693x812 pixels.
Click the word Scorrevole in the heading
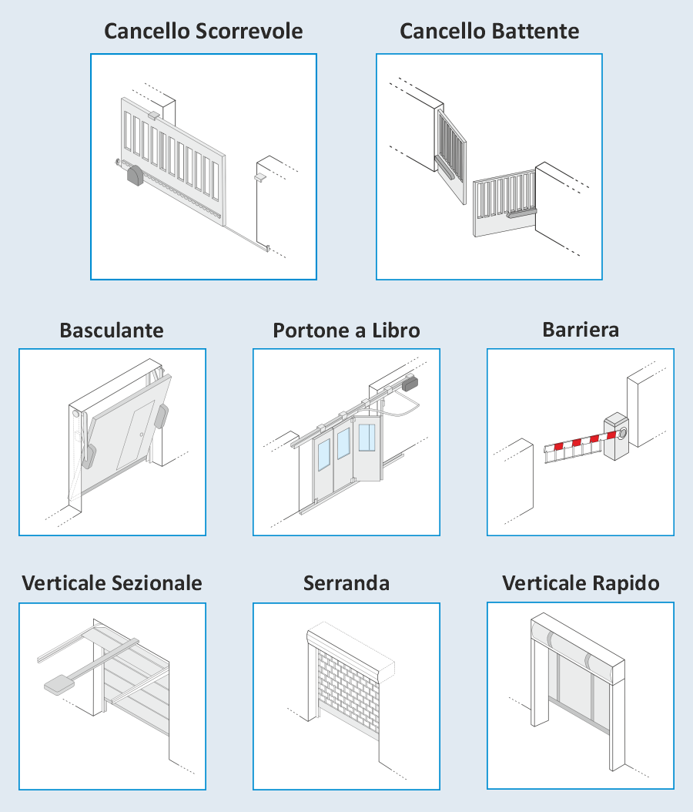pyautogui.click(x=249, y=31)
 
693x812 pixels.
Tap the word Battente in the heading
pyautogui.click(x=534, y=31)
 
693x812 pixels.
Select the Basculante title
pyautogui.click(x=112, y=331)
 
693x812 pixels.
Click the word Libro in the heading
pyautogui.click(x=396, y=331)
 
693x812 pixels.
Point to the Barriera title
pyautogui.click(x=581, y=330)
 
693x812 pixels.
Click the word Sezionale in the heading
pyautogui.click(x=157, y=583)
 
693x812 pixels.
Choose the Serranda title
pyautogui.click(x=346, y=583)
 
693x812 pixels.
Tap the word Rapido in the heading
pyautogui.click(x=626, y=583)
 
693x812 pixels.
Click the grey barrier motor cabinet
pyautogui.click(x=617, y=435)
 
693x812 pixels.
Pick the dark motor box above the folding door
pyautogui.click(x=410, y=384)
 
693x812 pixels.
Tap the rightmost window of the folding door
pyautogui.click(x=367, y=438)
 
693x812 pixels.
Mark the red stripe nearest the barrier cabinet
pyautogui.click(x=611, y=435)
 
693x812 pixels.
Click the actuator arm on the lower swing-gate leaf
pyautogui.click(x=522, y=213)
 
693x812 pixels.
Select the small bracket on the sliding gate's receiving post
pyautogui.click(x=259, y=177)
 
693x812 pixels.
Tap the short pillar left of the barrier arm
pyautogui.click(x=519, y=481)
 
